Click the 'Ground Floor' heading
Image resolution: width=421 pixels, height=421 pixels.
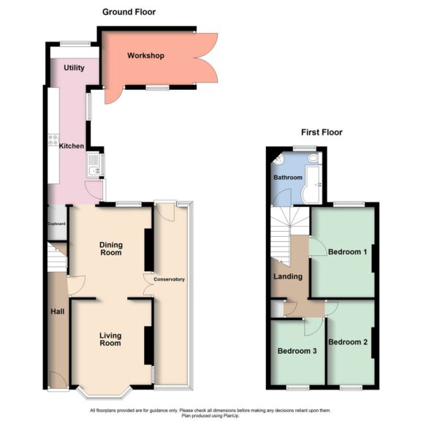(x=129, y=12)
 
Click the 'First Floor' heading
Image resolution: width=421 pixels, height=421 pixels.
(x=322, y=132)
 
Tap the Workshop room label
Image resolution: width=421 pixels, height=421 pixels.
(x=145, y=56)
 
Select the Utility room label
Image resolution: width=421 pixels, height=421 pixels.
(x=74, y=68)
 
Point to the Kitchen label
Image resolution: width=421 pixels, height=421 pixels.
(x=71, y=146)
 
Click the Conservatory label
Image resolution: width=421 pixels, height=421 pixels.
(x=169, y=279)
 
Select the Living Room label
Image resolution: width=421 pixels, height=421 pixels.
(x=110, y=339)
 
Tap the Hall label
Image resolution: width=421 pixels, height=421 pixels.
(x=57, y=311)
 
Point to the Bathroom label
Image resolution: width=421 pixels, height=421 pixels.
(x=287, y=178)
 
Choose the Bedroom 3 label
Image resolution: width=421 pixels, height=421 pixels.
(x=297, y=351)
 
